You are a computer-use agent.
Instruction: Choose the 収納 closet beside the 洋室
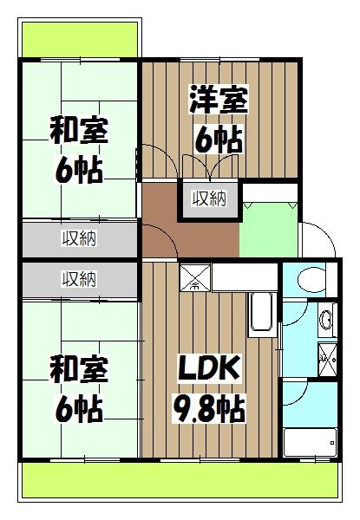[x=209, y=199]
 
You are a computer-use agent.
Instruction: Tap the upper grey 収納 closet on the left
[x=79, y=237]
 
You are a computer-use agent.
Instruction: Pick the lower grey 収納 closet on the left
[x=79, y=279]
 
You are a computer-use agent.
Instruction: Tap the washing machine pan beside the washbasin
[x=327, y=355]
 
